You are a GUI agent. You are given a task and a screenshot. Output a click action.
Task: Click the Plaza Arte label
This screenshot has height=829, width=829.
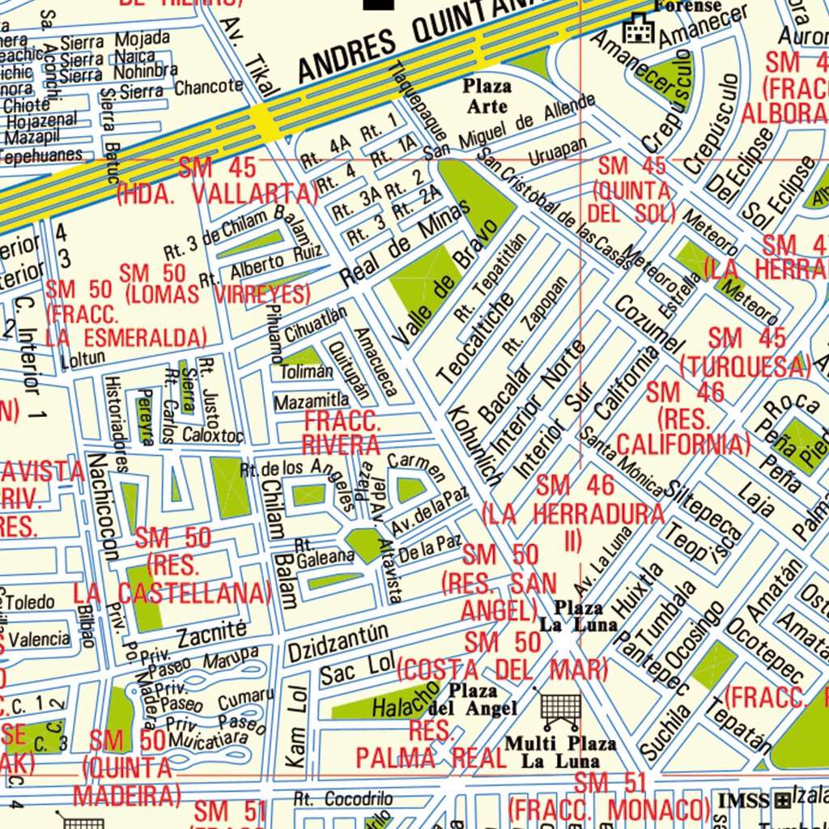click(x=487, y=96)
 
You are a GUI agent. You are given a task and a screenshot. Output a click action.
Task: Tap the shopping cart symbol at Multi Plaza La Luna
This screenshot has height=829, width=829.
click(x=560, y=711)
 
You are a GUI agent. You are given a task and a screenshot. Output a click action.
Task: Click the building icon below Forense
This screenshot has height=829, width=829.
click(x=638, y=30)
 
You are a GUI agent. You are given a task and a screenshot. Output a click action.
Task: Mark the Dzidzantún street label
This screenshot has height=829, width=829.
click(x=338, y=640)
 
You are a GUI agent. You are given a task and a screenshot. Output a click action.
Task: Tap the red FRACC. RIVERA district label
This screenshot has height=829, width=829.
click(x=341, y=433)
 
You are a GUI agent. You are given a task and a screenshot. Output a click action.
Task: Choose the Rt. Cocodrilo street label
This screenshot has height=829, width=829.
click(x=337, y=798)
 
